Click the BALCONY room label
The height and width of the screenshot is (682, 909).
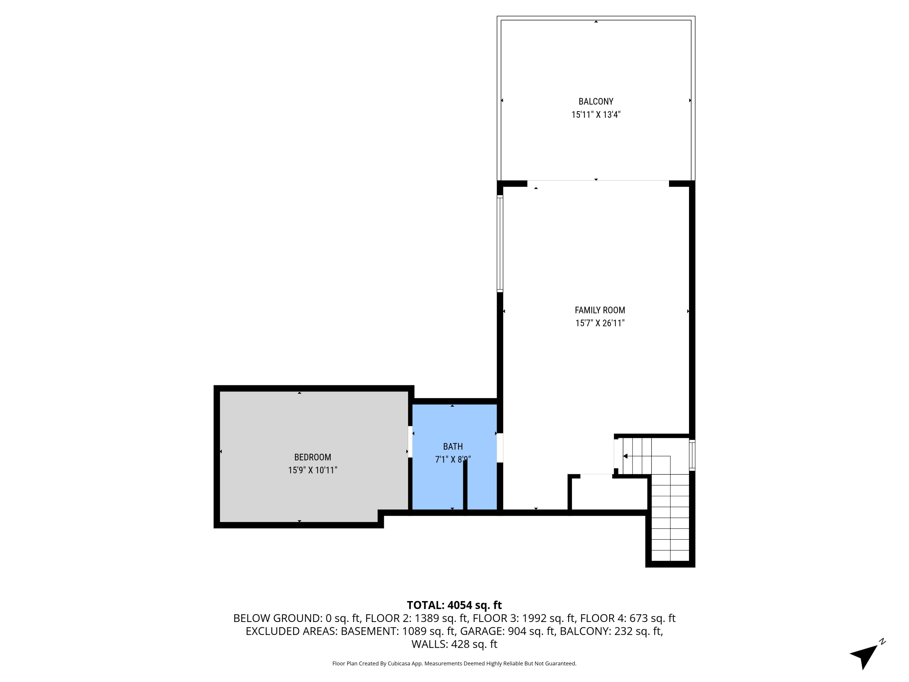pos(596,102)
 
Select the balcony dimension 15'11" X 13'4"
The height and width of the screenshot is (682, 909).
pos(596,115)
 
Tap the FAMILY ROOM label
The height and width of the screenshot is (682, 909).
pos(600,310)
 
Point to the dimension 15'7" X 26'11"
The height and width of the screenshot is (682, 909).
pos(600,323)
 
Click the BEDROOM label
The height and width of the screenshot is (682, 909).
pos(312,457)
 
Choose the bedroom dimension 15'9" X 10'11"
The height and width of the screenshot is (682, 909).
pos(312,470)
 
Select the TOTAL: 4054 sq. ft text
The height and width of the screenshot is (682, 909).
pos(454,605)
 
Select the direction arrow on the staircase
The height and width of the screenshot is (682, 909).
pos(625,456)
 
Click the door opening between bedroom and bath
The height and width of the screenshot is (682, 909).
pos(410,442)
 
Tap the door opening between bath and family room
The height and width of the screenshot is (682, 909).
pos(500,448)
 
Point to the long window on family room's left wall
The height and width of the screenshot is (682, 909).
pos(500,243)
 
